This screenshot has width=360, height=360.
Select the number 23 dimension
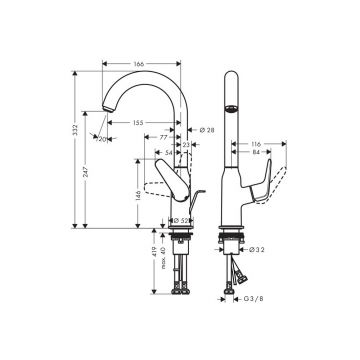pos(187,145)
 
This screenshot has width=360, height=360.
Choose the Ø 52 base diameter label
pos(181,220)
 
